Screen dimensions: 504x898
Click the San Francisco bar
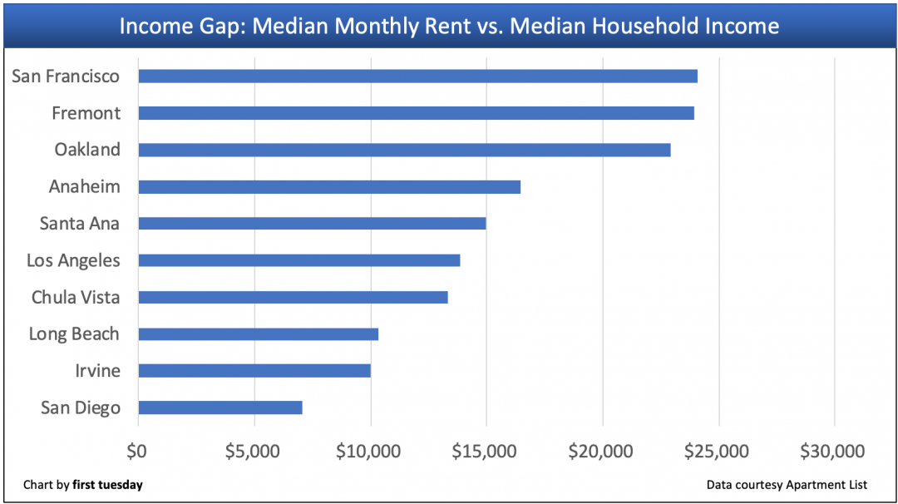coord(417,77)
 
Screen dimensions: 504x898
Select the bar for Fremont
coord(416,113)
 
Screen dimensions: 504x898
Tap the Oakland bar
coord(404,150)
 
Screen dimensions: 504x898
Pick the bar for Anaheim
coord(329,187)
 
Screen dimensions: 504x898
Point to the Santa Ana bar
coord(312,224)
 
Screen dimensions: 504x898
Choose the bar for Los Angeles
coord(299,260)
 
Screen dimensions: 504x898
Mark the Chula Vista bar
coord(293,297)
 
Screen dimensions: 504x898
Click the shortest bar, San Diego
coord(220,408)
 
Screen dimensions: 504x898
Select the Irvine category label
coord(97,371)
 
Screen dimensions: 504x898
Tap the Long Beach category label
coord(74,334)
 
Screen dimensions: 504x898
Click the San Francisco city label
coord(66,77)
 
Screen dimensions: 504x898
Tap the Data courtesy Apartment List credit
coord(787,485)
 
